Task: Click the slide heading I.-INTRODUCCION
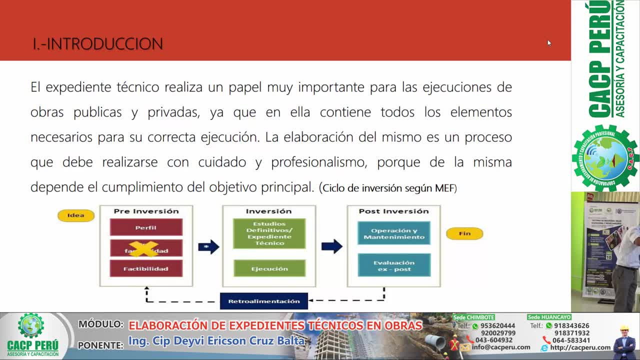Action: (x=98, y=44)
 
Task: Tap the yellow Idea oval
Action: (x=76, y=215)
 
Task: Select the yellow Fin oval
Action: (x=464, y=233)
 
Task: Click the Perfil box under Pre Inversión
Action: (x=146, y=227)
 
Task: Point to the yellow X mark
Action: (x=143, y=248)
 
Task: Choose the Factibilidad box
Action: (x=146, y=269)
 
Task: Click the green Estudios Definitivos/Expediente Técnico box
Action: (x=269, y=233)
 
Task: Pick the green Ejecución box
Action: (x=269, y=269)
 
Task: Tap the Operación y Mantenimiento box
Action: (x=394, y=233)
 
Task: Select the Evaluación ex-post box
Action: (x=394, y=265)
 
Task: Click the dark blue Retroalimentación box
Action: (x=264, y=301)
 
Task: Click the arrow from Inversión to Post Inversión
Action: (x=331, y=246)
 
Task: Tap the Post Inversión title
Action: (x=393, y=211)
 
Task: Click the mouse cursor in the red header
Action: (x=549, y=43)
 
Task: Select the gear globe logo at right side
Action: (x=605, y=158)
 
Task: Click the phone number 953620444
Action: (x=497, y=326)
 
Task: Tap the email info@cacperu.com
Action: (x=501, y=347)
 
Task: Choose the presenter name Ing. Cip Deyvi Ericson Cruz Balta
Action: (x=216, y=341)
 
